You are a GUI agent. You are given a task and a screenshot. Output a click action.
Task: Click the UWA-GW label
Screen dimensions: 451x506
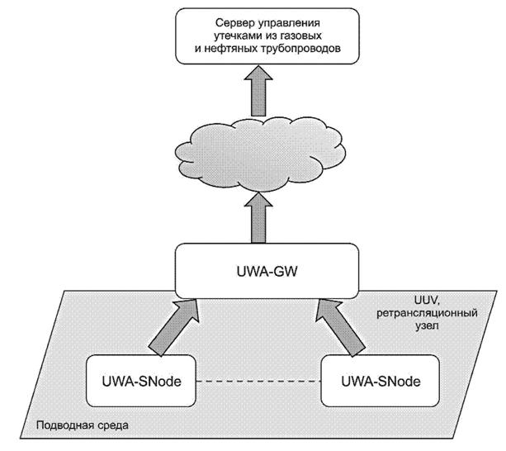pyautogui.click(x=267, y=271)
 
